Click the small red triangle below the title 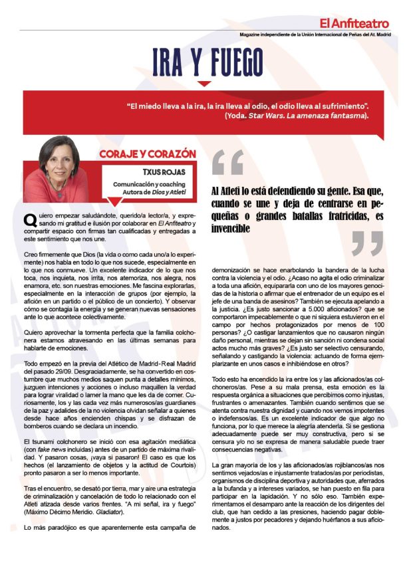coord(205,83)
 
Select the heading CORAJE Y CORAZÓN coord(147,154)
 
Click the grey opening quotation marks coord(227,162)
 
